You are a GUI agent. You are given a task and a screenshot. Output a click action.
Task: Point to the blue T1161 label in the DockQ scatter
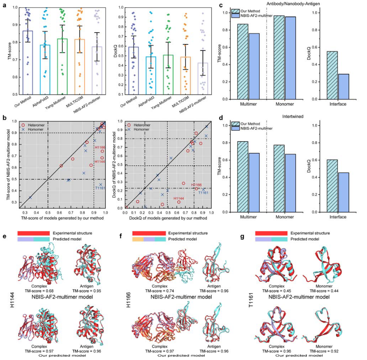(x=203, y=193)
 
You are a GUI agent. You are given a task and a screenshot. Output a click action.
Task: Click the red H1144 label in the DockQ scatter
(x=180, y=199)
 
